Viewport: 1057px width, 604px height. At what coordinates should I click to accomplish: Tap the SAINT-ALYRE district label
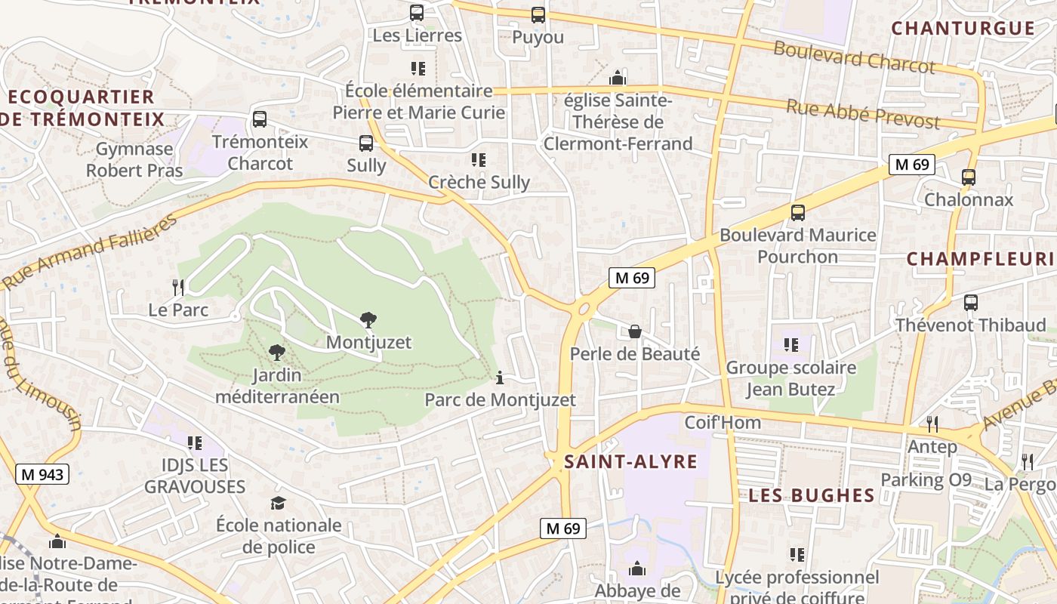631,462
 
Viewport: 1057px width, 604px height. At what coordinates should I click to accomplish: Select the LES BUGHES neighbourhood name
812,496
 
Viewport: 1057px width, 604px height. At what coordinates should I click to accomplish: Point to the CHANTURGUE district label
963,29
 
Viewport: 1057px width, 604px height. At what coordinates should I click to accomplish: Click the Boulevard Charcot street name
854,57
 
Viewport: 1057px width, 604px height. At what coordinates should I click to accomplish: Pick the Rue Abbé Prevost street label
863,113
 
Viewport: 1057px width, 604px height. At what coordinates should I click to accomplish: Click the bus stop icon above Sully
366,143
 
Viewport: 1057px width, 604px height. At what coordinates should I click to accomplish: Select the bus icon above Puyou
538,15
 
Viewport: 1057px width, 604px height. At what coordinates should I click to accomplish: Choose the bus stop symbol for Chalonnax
969,177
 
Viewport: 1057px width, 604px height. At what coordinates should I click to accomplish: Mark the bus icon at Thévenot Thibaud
971,303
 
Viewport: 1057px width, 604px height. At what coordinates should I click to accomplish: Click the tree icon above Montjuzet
368,320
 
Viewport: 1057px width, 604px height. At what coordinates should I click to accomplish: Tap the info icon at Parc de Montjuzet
500,377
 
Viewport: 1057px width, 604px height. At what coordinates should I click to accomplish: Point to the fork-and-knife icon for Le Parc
178,287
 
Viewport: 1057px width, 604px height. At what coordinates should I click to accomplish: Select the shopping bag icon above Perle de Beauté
635,331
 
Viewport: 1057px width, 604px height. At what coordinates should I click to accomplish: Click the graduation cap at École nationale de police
279,503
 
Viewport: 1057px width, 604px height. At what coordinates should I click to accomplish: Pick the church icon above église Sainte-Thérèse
618,78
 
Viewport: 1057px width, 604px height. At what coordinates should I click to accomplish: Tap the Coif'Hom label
723,423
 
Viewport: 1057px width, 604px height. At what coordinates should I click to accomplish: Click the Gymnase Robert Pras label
134,160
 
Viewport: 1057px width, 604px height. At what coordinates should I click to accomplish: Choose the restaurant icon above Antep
932,424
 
